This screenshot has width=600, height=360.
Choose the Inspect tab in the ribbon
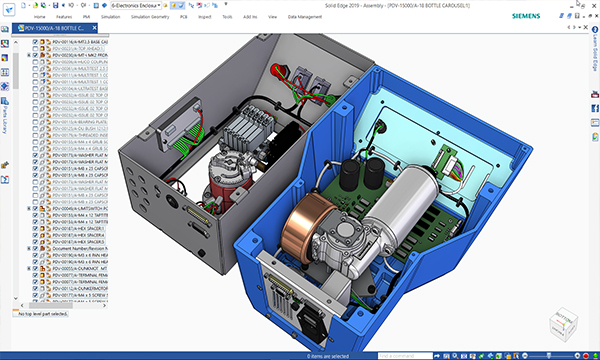(235, 17)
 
